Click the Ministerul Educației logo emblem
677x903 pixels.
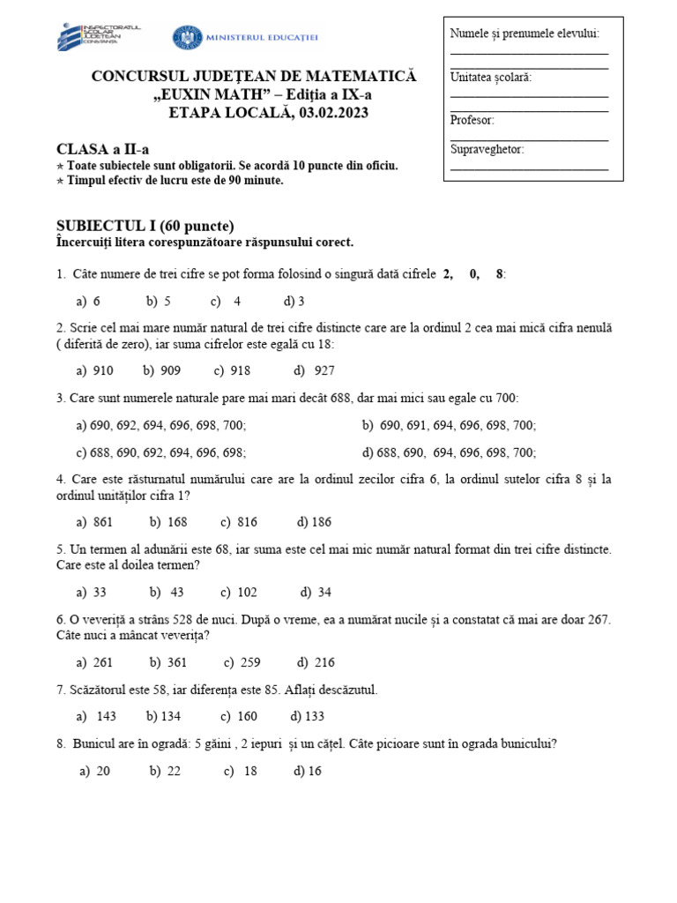[186, 37]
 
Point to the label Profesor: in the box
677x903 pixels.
[472, 120]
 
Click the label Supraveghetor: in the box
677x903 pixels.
[487, 149]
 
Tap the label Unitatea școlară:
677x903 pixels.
[491, 77]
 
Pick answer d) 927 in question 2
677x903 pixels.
[315, 370]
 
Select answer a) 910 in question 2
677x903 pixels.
[95, 370]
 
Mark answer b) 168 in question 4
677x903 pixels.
[168, 521]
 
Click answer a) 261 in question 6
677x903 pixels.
[95, 662]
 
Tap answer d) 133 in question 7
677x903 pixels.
[308, 716]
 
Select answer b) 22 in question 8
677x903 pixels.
[165, 771]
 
